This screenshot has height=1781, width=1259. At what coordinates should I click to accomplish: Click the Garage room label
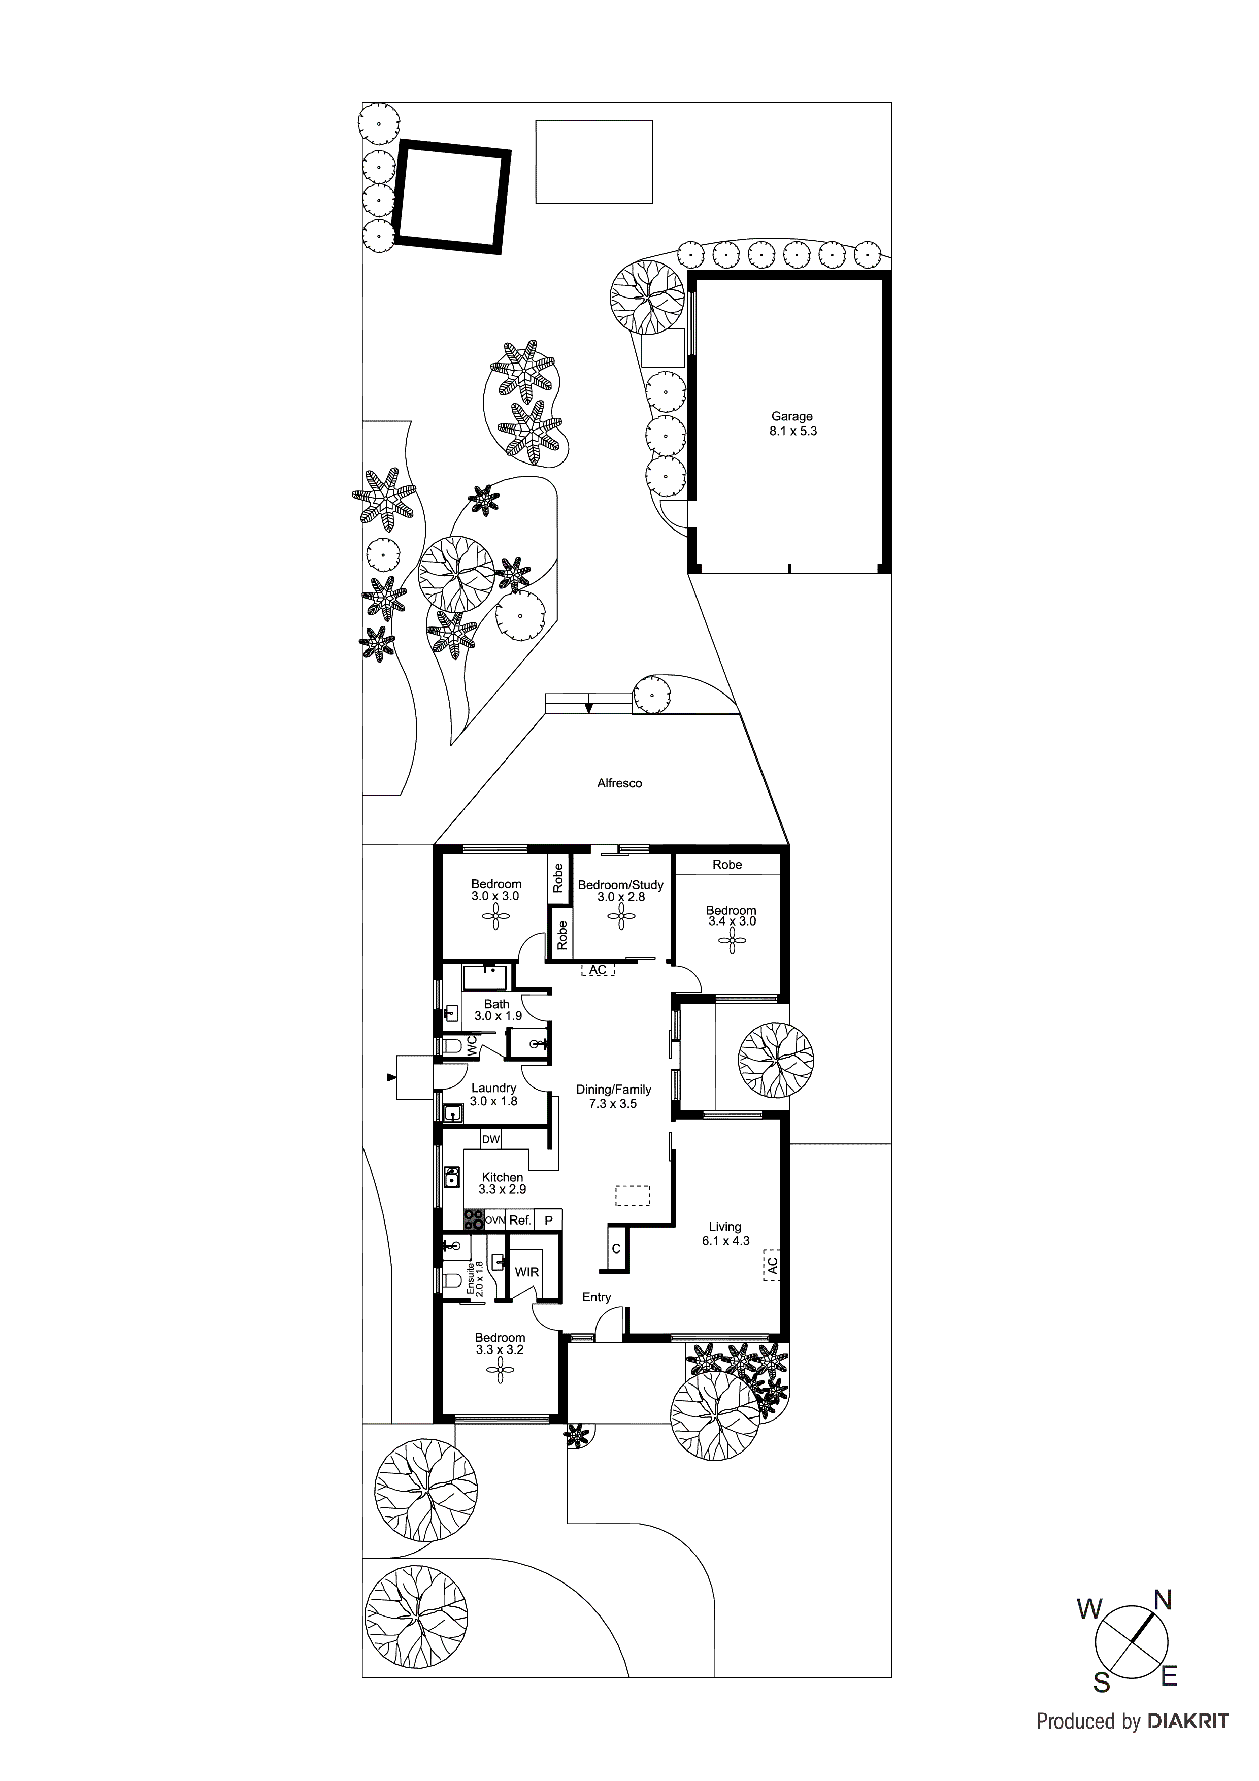point(791,416)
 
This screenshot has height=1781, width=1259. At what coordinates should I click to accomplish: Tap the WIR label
point(527,1272)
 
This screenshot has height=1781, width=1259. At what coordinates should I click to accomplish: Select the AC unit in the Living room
point(772,1265)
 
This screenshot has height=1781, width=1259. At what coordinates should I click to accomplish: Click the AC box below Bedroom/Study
point(598,970)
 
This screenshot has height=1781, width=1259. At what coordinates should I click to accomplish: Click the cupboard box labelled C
point(616,1249)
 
